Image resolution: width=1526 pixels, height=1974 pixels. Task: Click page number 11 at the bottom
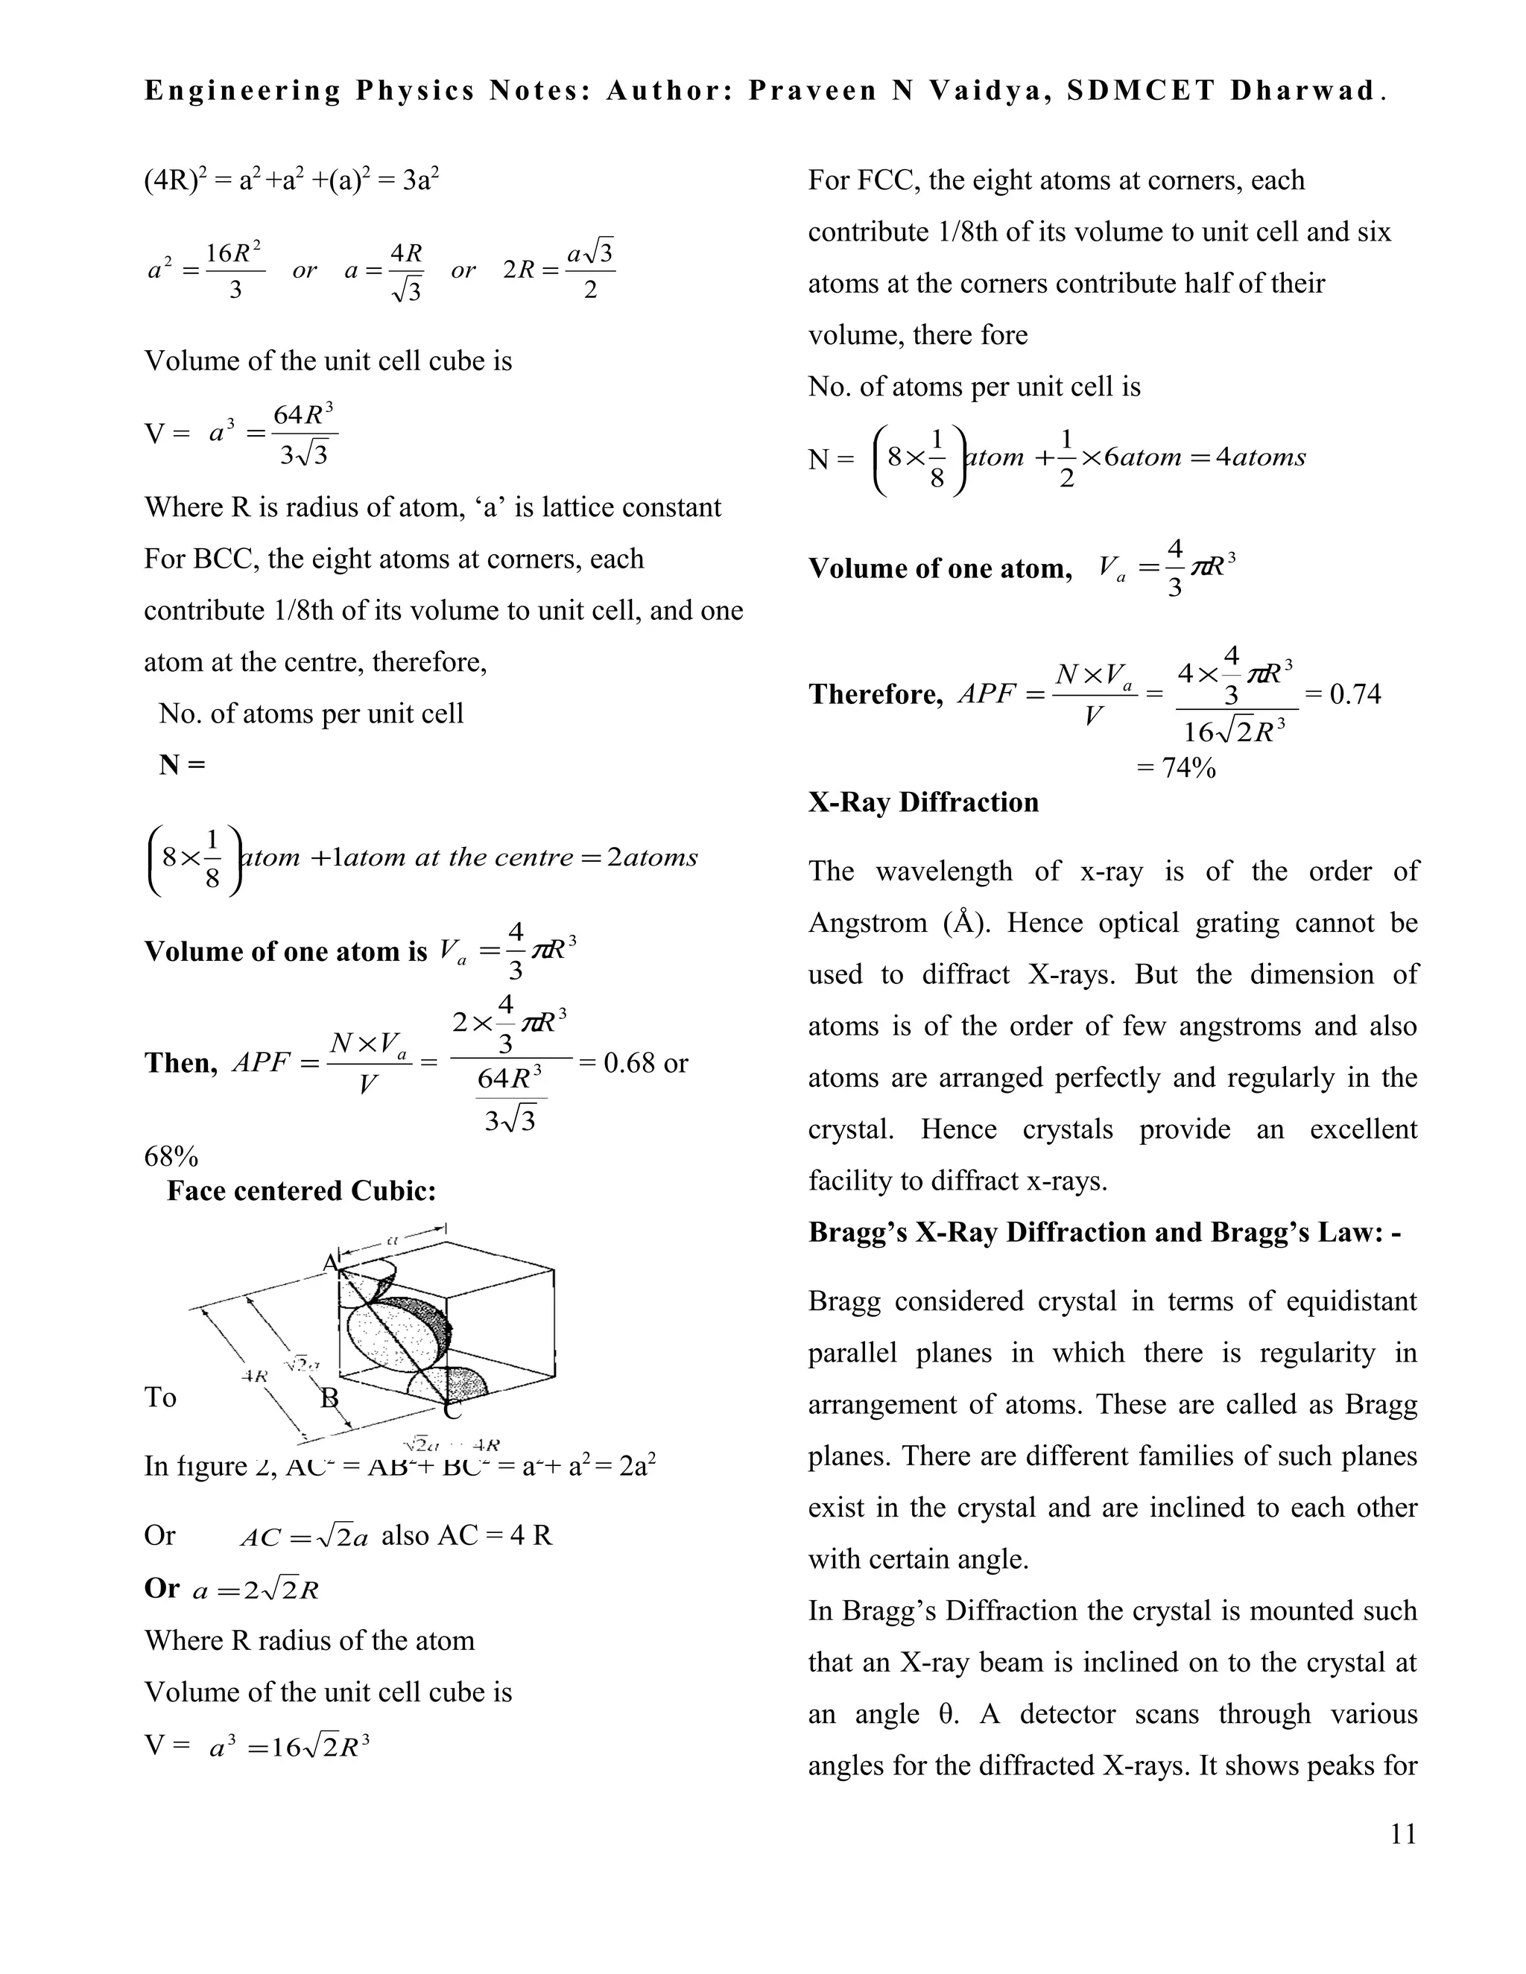[x=1403, y=1834]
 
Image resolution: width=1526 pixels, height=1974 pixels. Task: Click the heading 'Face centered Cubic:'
[x=301, y=1190]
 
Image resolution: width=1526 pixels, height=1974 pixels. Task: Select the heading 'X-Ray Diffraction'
[x=923, y=802]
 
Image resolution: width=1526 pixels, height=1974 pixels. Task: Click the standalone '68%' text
[x=171, y=1156]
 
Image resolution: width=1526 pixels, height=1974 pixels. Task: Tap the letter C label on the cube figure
[x=453, y=1410]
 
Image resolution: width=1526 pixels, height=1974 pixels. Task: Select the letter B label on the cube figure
[x=330, y=1398]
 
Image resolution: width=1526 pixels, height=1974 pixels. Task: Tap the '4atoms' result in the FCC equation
[x=1261, y=457]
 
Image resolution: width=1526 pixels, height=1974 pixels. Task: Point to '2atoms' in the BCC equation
[x=653, y=857]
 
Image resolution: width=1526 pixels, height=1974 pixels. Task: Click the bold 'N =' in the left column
[x=183, y=765]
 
